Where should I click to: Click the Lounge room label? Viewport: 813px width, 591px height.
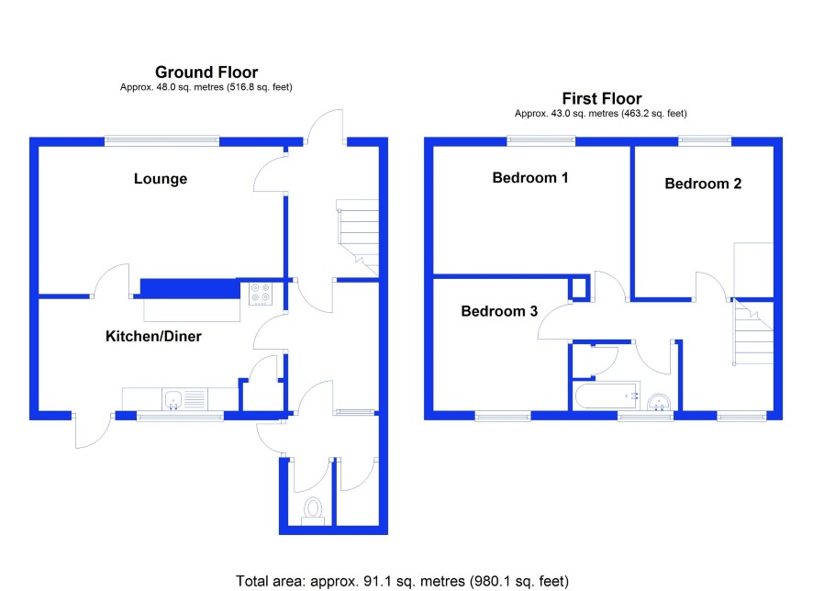[161, 179]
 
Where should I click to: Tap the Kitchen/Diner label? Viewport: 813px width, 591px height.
[153, 336]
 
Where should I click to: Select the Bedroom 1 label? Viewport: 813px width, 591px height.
[529, 178]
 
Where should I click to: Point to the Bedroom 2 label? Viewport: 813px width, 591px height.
[703, 184]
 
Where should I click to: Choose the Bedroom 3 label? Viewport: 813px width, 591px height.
[499, 311]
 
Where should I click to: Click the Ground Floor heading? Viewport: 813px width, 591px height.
[206, 72]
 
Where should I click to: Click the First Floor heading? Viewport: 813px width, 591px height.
[601, 98]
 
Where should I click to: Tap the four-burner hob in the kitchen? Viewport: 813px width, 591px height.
[261, 293]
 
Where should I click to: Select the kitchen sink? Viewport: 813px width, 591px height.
[173, 400]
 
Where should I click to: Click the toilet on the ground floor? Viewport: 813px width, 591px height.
[313, 510]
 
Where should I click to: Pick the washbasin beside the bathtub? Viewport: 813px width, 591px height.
[659, 402]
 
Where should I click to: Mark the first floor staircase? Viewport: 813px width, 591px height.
[752, 332]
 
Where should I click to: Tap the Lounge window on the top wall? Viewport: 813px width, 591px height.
[161, 140]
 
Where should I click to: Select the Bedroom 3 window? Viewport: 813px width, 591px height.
[503, 415]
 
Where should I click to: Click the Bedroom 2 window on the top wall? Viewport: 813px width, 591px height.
[705, 140]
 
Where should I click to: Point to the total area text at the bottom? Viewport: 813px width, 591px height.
[402, 581]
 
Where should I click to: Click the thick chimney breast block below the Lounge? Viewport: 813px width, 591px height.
[190, 288]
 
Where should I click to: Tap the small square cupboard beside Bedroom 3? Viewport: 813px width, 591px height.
[579, 287]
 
